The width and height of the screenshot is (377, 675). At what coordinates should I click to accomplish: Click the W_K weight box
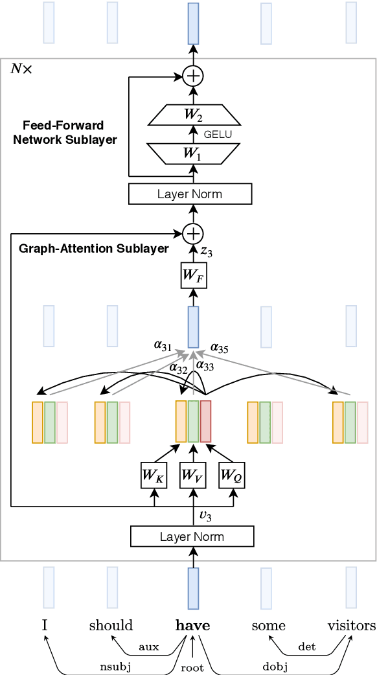coord(154,475)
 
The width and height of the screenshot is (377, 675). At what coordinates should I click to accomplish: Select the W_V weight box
coord(193,475)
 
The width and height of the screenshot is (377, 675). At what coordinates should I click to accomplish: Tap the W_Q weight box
coord(232,475)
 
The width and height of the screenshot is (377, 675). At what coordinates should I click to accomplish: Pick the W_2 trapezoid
coord(193,115)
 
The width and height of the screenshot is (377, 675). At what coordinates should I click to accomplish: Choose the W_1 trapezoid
coord(193,154)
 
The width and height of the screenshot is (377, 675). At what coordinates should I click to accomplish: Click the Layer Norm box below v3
coord(192,536)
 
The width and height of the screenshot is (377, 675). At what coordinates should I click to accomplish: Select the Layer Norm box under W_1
coord(190,194)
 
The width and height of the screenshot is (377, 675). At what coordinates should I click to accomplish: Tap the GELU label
coord(218,135)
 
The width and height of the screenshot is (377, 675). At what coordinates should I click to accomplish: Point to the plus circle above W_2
coord(193,76)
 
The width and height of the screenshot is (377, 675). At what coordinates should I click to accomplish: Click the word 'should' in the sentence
coord(111,625)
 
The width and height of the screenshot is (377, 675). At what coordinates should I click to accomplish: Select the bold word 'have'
coord(192,625)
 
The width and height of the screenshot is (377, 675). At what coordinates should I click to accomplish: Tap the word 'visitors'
coord(351,625)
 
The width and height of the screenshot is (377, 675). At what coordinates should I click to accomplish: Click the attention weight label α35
coord(220,348)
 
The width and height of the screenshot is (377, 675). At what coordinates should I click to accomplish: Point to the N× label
coord(21,69)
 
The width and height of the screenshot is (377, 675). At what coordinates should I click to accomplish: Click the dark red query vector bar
coord(205,422)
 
